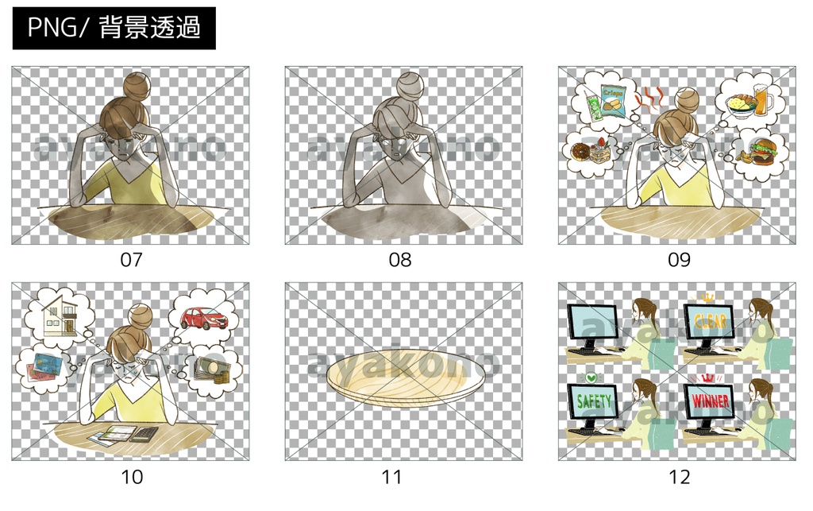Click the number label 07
[131, 260]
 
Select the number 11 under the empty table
[392, 477]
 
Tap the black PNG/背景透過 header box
[114, 29]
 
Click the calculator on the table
[144, 434]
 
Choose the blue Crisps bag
[613, 100]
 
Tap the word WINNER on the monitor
[710, 402]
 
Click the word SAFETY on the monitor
[594, 402]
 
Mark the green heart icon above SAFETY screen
[590, 377]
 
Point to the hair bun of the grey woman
[410, 85]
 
